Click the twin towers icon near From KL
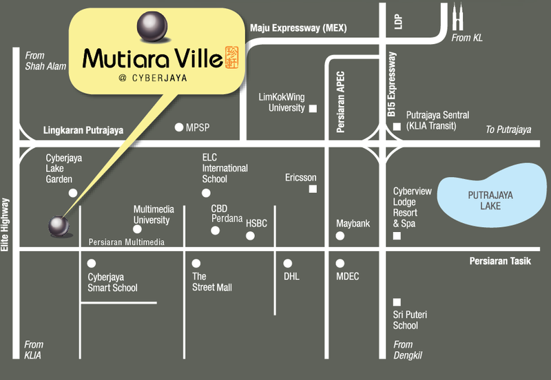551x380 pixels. click(458, 17)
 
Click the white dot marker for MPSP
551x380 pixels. click(179, 127)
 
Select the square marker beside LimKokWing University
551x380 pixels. click(313, 109)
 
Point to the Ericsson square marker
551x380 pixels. click(313, 189)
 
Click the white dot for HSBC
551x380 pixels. click(251, 236)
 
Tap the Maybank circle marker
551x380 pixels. click(340, 236)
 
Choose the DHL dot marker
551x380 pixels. click(288, 263)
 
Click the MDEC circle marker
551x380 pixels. click(340, 263)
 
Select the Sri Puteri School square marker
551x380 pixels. click(397, 302)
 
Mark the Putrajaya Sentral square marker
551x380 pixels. click(397, 127)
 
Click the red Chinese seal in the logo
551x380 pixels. click(232, 58)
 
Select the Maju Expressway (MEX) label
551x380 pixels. click(298, 28)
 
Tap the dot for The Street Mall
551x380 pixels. click(196, 263)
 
